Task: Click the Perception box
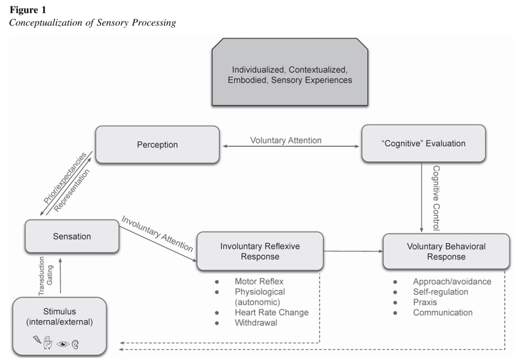tap(157, 145)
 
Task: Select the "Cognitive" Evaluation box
tap(423, 144)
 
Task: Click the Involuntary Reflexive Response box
tap(260, 251)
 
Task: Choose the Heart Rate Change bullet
tap(272, 312)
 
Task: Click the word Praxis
tap(425, 302)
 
